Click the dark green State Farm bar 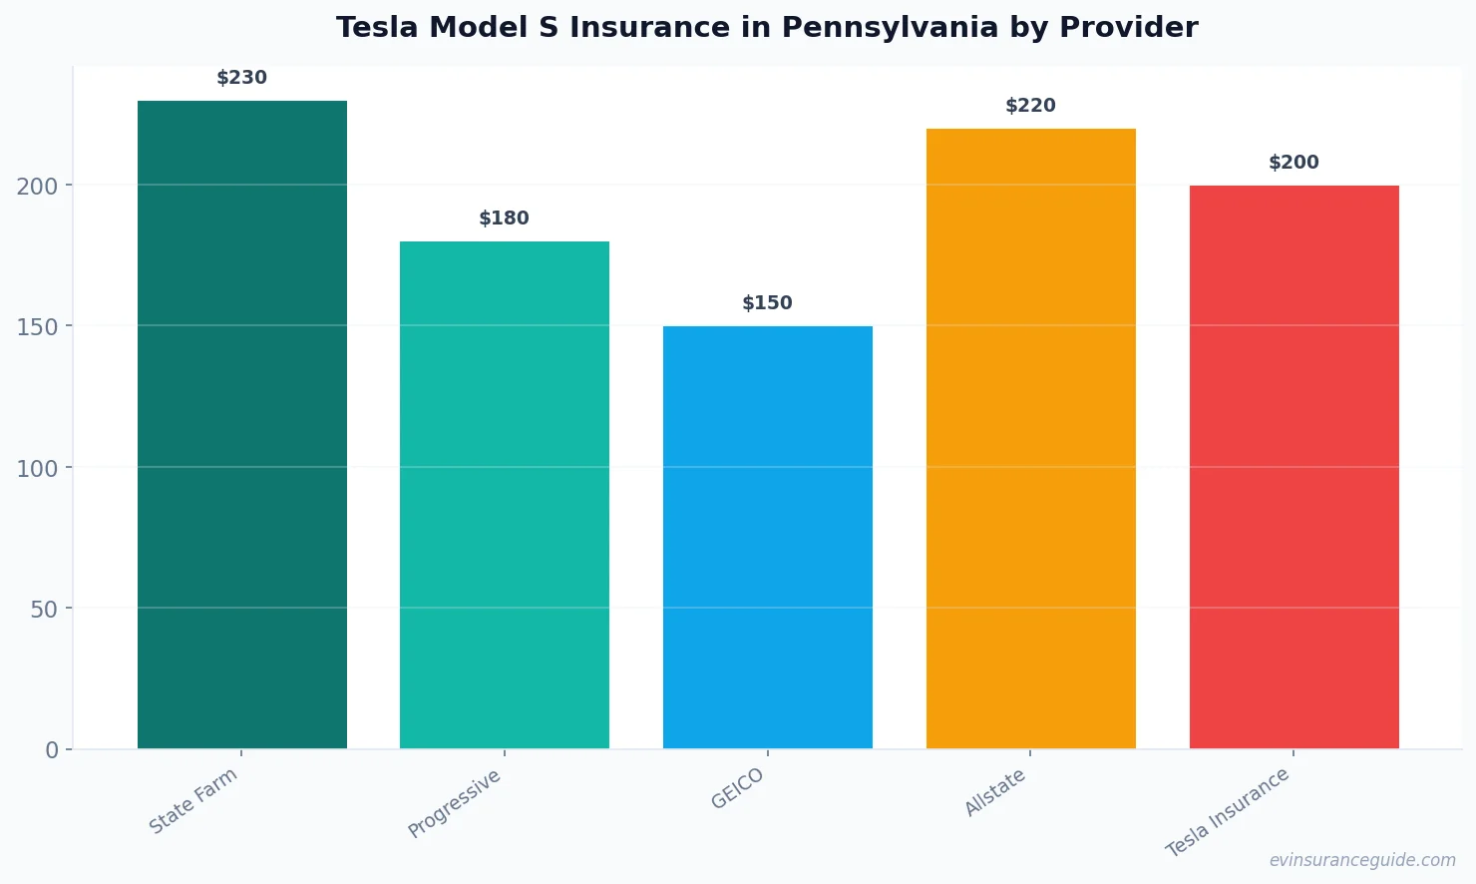click(x=242, y=424)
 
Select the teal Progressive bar click(x=505, y=495)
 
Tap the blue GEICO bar click(x=768, y=537)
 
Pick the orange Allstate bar click(x=1030, y=438)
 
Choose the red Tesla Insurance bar click(x=1293, y=467)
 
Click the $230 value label click(x=242, y=78)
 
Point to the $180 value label click(x=505, y=219)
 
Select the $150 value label click(x=768, y=303)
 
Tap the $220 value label click(x=1030, y=106)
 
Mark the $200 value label click(x=1293, y=163)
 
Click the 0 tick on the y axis click(x=52, y=750)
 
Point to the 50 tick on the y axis click(x=44, y=610)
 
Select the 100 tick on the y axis click(x=38, y=468)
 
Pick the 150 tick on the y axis click(x=38, y=327)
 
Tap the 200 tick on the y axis click(x=38, y=187)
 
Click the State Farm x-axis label click(x=193, y=801)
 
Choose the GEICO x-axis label click(x=738, y=789)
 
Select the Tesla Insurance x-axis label click(x=1228, y=812)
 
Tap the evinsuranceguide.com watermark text click(x=1362, y=860)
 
